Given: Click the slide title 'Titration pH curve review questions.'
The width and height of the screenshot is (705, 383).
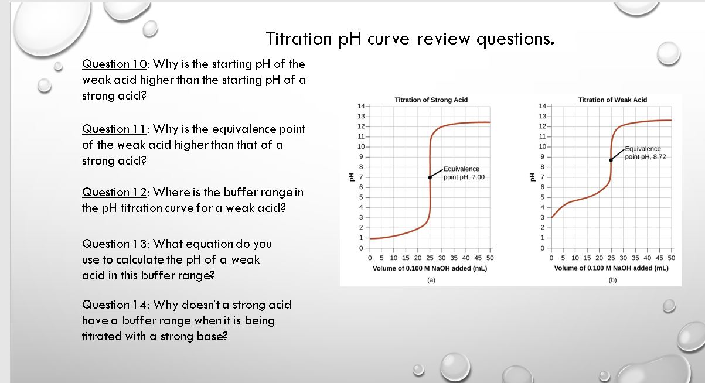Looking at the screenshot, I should pyautogui.click(x=410, y=39).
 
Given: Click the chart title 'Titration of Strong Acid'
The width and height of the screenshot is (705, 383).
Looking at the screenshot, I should pyautogui.click(x=431, y=100).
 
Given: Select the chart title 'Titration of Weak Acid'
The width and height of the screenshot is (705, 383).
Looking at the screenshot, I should pyautogui.click(x=612, y=100).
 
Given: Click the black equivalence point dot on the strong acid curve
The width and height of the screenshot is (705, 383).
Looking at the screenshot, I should pyautogui.click(x=430, y=177).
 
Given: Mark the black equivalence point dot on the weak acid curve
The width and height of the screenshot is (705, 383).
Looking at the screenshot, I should pyautogui.click(x=611, y=159).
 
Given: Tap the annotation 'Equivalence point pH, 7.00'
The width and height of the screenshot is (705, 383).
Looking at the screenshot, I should pyautogui.click(x=464, y=173).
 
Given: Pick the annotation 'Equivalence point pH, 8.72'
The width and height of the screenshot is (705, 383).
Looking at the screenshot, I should pyautogui.click(x=645, y=153).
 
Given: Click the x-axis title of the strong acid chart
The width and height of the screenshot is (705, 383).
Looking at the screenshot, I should pyautogui.click(x=430, y=268).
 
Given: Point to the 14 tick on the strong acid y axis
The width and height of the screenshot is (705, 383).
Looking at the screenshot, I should pyautogui.click(x=360, y=106).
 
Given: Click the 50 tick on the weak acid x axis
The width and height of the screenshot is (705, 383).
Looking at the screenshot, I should pyautogui.click(x=672, y=258).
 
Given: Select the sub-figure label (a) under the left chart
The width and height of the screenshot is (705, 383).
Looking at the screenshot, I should pyautogui.click(x=430, y=280).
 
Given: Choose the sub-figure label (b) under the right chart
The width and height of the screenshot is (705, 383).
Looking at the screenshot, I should pyautogui.click(x=612, y=280).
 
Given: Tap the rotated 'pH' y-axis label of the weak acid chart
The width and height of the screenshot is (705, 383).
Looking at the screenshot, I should pyautogui.click(x=531, y=177).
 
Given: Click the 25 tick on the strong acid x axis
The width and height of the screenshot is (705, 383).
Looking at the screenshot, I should pyautogui.click(x=430, y=258).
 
